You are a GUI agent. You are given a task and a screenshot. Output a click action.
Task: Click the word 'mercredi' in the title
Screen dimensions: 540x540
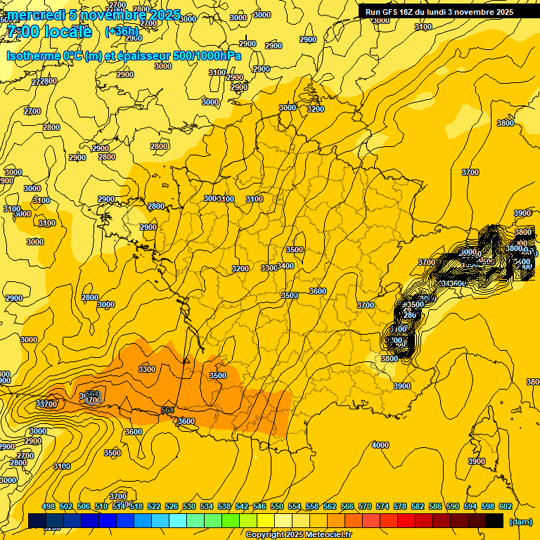34,15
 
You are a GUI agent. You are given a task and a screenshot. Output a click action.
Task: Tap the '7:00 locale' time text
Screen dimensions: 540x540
49,32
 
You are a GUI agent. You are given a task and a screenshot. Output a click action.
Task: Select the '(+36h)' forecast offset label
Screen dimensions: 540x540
122,32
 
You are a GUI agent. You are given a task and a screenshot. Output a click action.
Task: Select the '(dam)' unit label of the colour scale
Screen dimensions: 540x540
520,521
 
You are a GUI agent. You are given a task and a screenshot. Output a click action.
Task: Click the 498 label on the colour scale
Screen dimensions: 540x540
49,506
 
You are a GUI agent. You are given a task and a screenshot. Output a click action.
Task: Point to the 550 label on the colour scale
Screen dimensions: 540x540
277,506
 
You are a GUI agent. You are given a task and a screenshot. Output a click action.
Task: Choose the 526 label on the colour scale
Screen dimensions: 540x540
172,506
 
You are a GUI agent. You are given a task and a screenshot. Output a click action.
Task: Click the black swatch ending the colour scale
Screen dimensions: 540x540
494,521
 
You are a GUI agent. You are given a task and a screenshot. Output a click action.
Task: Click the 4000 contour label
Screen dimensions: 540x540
380,445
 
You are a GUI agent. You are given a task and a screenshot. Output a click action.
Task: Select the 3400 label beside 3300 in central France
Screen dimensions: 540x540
285,266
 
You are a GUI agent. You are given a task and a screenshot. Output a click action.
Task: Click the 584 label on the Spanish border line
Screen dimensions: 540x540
167,410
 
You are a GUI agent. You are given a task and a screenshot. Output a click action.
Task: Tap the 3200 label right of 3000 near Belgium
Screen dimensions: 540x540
315,109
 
